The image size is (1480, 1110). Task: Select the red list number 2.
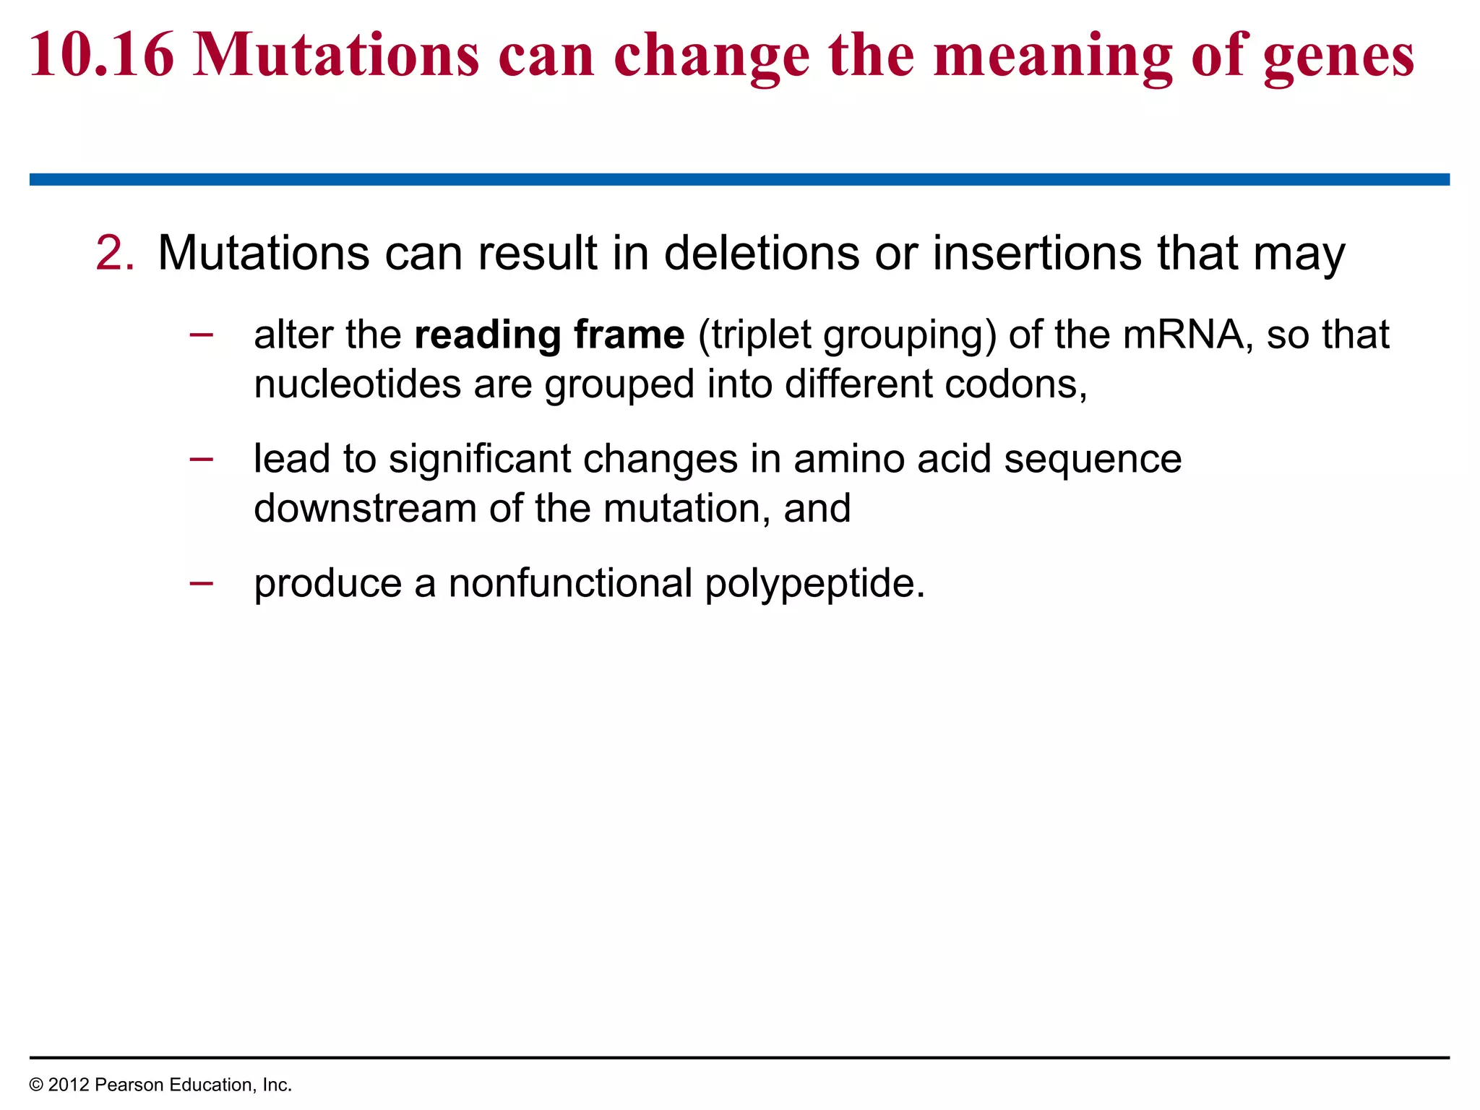pyautogui.click(x=114, y=254)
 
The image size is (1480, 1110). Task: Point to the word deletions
pyautogui.click(x=761, y=254)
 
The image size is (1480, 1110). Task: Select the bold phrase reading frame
pyautogui.click(x=549, y=335)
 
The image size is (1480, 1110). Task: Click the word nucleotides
pyautogui.click(x=357, y=384)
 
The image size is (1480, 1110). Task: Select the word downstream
pyautogui.click(x=365, y=508)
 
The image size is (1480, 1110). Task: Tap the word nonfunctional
pyautogui.click(x=570, y=583)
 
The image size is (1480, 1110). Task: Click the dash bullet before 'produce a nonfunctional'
pyautogui.click(x=201, y=582)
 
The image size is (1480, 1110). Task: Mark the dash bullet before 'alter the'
pyautogui.click(x=201, y=334)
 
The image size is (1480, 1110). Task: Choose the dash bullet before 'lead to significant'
pyautogui.click(x=201, y=458)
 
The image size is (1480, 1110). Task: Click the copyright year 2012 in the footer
pyautogui.click(x=69, y=1085)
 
